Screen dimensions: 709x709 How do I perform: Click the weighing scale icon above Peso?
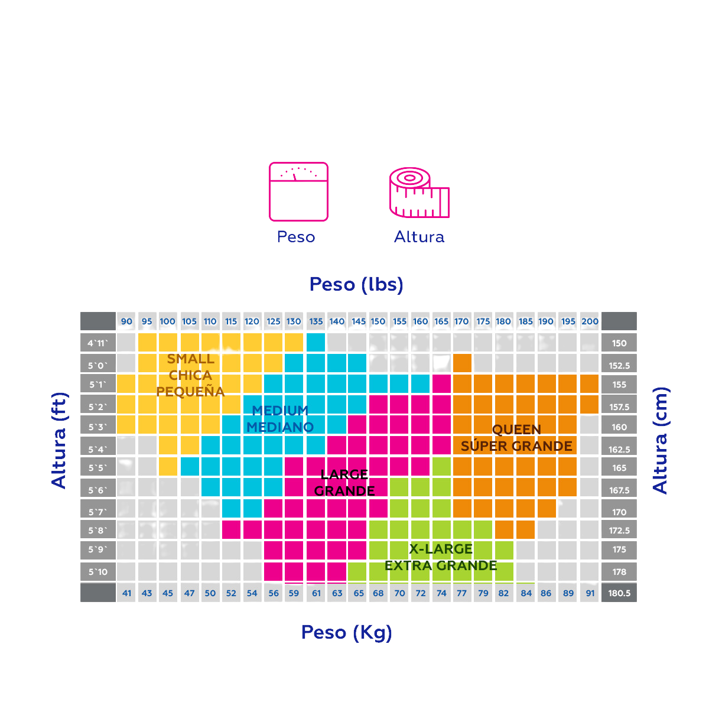[298, 191]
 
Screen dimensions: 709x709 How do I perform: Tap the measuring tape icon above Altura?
[419, 193]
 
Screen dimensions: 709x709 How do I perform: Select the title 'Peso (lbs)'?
[356, 284]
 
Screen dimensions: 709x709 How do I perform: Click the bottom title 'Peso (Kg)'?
[347, 632]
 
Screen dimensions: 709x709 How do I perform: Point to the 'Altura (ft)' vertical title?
[59, 441]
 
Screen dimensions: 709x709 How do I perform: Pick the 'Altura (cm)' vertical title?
[660, 440]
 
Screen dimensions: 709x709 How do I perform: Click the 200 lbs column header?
[590, 322]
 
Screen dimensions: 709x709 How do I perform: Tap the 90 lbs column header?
[126, 322]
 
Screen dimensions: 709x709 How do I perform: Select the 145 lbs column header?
[358, 322]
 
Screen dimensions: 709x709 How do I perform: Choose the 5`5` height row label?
[98, 468]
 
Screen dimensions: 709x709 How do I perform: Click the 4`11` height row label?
[98, 343]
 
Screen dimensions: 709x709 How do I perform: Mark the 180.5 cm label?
[619, 593]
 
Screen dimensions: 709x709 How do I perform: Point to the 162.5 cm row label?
[619, 450]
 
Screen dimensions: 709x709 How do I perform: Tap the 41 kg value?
[126, 593]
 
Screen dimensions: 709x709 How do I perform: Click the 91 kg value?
[590, 593]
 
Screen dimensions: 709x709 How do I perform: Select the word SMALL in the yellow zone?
[191, 359]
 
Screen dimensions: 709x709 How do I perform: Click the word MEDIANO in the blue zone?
[280, 427]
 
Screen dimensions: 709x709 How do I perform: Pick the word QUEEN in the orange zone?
[516, 430]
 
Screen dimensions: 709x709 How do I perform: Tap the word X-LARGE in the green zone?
[441, 549]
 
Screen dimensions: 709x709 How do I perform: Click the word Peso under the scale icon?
[296, 237]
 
